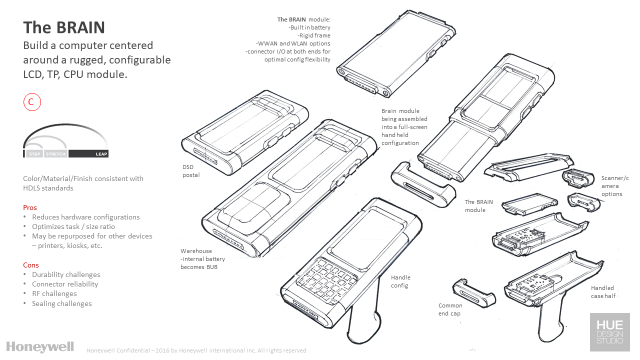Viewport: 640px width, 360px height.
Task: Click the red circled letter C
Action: pyautogui.click(x=31, y=102)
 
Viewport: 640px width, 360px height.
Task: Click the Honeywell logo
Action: pyautogui.click(x=40, y=346)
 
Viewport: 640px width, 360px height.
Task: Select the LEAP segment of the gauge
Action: pyautogui.click(x=88, y=154)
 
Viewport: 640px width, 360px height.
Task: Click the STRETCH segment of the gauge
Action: pyautogui.click(x=55, y=154)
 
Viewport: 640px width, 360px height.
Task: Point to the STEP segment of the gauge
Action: pyautogui.click(x=34, y=154)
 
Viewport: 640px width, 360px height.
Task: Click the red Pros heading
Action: pyautogui.click(x=30, y=207)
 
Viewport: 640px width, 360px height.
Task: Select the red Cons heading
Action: pyautogui.click(x=31, y=265)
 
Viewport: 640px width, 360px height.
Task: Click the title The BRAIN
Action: pyautogui.click(x=64, y=27)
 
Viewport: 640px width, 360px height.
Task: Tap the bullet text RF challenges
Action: pyautogui.click(x=54, y=293)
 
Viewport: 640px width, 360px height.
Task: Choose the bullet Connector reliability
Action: pyautogui.click(x=65, y=284)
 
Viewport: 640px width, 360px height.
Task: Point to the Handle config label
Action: pyautogui.click(x=400, y=281)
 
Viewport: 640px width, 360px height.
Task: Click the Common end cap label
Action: pyautogui.click(x=450, y=309)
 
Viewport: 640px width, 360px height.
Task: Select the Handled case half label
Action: pyautogui.click(x=602, y=292)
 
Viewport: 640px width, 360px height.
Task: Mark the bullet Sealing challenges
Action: pyautogui.click(x=61, y=303)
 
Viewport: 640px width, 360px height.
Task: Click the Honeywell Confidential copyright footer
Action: pyautogui.click(x=196, y=350)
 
